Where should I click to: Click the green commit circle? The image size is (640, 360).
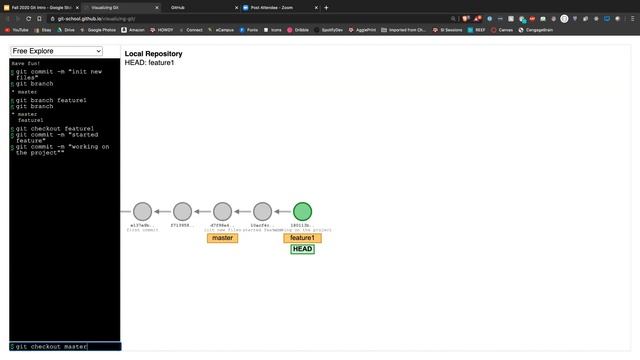click(x=302, y=211)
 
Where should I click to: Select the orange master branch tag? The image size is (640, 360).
click(x=222, y=238)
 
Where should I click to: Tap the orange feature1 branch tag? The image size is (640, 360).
click(x=302, y=238)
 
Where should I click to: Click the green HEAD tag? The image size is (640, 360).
click(x=302, y=249)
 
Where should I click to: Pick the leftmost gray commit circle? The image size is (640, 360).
click(x=142, y=211)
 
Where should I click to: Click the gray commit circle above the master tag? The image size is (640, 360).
click(x=222, y=211)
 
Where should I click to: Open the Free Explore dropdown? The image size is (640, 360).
click(x=57, y=51)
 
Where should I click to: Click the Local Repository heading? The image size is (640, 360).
click(x=153, y=54)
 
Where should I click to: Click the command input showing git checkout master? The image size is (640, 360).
click(x=66, y=347)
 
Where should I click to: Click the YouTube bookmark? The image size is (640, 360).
click(x=18, y=30)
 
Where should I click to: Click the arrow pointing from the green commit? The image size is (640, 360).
click(x=281, y=211)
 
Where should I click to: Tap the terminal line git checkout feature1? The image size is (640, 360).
click(x=54, y=129)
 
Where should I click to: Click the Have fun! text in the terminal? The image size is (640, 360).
click(x=27, y=63)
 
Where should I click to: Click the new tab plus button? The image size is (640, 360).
click(x=326, y=7)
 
